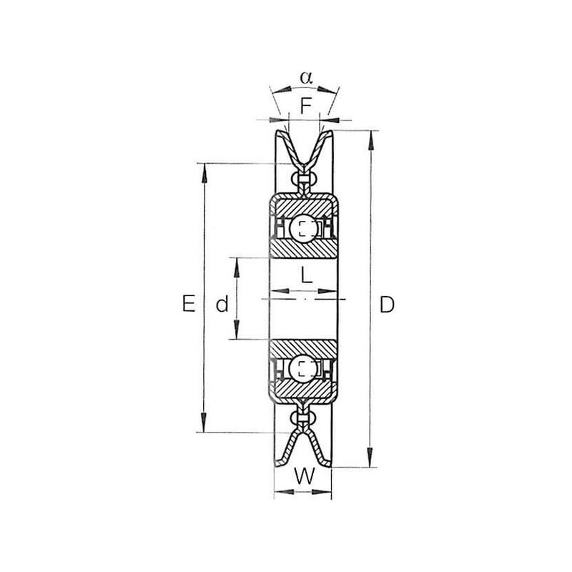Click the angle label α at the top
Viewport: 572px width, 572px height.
307,77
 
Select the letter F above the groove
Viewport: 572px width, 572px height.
306,106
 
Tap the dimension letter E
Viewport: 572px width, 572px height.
188,304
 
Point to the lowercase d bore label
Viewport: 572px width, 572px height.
222,305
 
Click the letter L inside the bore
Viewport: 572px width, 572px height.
307,275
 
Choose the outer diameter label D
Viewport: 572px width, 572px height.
387,305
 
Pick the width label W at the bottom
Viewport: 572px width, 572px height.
305,476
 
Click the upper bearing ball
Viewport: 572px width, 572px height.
303,228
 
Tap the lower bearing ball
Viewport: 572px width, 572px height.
302,368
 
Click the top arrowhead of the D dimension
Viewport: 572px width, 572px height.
371,140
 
